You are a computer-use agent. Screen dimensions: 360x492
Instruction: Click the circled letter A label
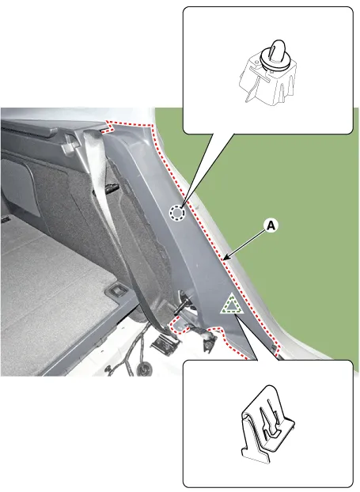point(271,225)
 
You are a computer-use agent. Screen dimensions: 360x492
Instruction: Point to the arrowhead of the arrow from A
point(224,258)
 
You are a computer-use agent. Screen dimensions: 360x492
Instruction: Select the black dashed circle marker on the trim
point(177,213)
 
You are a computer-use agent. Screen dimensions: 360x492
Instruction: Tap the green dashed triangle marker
point(232,304)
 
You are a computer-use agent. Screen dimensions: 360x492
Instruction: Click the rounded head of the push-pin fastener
point(278,48)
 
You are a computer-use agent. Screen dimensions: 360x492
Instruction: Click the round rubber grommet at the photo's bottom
point(145,368)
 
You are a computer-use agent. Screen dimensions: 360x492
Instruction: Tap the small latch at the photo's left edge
point(5,219)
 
